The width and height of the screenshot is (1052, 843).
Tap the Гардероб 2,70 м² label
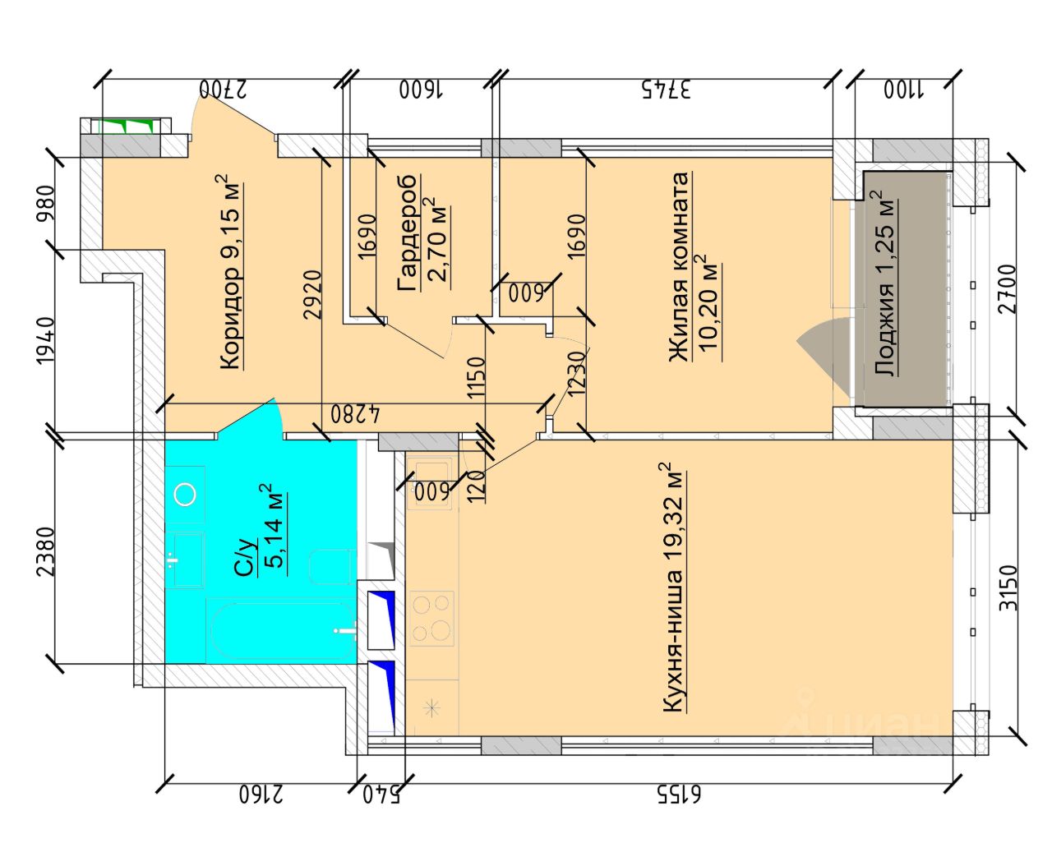[x=422, y=233]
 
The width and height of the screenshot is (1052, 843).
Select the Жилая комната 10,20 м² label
[x=694, y=266]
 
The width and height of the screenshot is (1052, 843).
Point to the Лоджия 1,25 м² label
[x=886, y=283]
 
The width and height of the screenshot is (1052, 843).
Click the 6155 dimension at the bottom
[x=680, y=795]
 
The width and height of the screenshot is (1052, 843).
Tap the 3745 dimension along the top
[x=667, y=90]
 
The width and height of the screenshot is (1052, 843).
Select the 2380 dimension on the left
[x=48, y=552]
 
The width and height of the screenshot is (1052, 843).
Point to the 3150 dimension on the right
[x=1008, y=588]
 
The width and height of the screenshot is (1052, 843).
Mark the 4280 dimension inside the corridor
[x=355, y=414]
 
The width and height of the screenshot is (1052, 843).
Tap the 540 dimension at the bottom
[x=381, y=795]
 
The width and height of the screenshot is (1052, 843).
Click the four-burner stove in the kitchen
[x=431, y=619]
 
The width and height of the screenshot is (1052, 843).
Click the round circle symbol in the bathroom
[x=185, y=494]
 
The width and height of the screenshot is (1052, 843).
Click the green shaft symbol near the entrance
[x=126, y=126]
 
